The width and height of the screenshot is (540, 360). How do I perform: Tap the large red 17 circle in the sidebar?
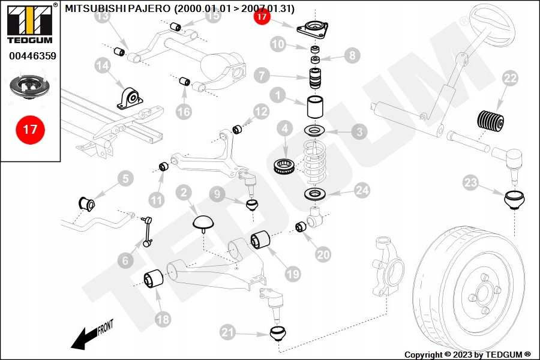(x=30, y=129)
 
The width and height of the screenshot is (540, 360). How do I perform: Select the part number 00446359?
(x=32, y=56)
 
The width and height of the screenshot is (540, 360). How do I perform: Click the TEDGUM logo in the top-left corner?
(x=30, y=25)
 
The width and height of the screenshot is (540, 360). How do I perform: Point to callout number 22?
(x=510, y=78)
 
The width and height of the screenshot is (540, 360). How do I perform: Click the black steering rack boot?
(x=491, y=120)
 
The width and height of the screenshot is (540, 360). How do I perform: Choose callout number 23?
(x=471, y=183)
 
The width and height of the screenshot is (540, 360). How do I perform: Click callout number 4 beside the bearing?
(x=284, y=128)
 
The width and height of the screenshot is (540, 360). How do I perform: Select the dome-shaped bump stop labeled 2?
(x=204, y=222)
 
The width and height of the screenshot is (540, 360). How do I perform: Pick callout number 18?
(x=163, y=319)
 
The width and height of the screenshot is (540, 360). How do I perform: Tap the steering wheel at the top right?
(x=492, y=24)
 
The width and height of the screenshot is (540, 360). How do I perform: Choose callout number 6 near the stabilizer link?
(x=125, y=260)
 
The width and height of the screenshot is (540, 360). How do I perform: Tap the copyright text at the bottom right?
(x=467, y=355)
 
